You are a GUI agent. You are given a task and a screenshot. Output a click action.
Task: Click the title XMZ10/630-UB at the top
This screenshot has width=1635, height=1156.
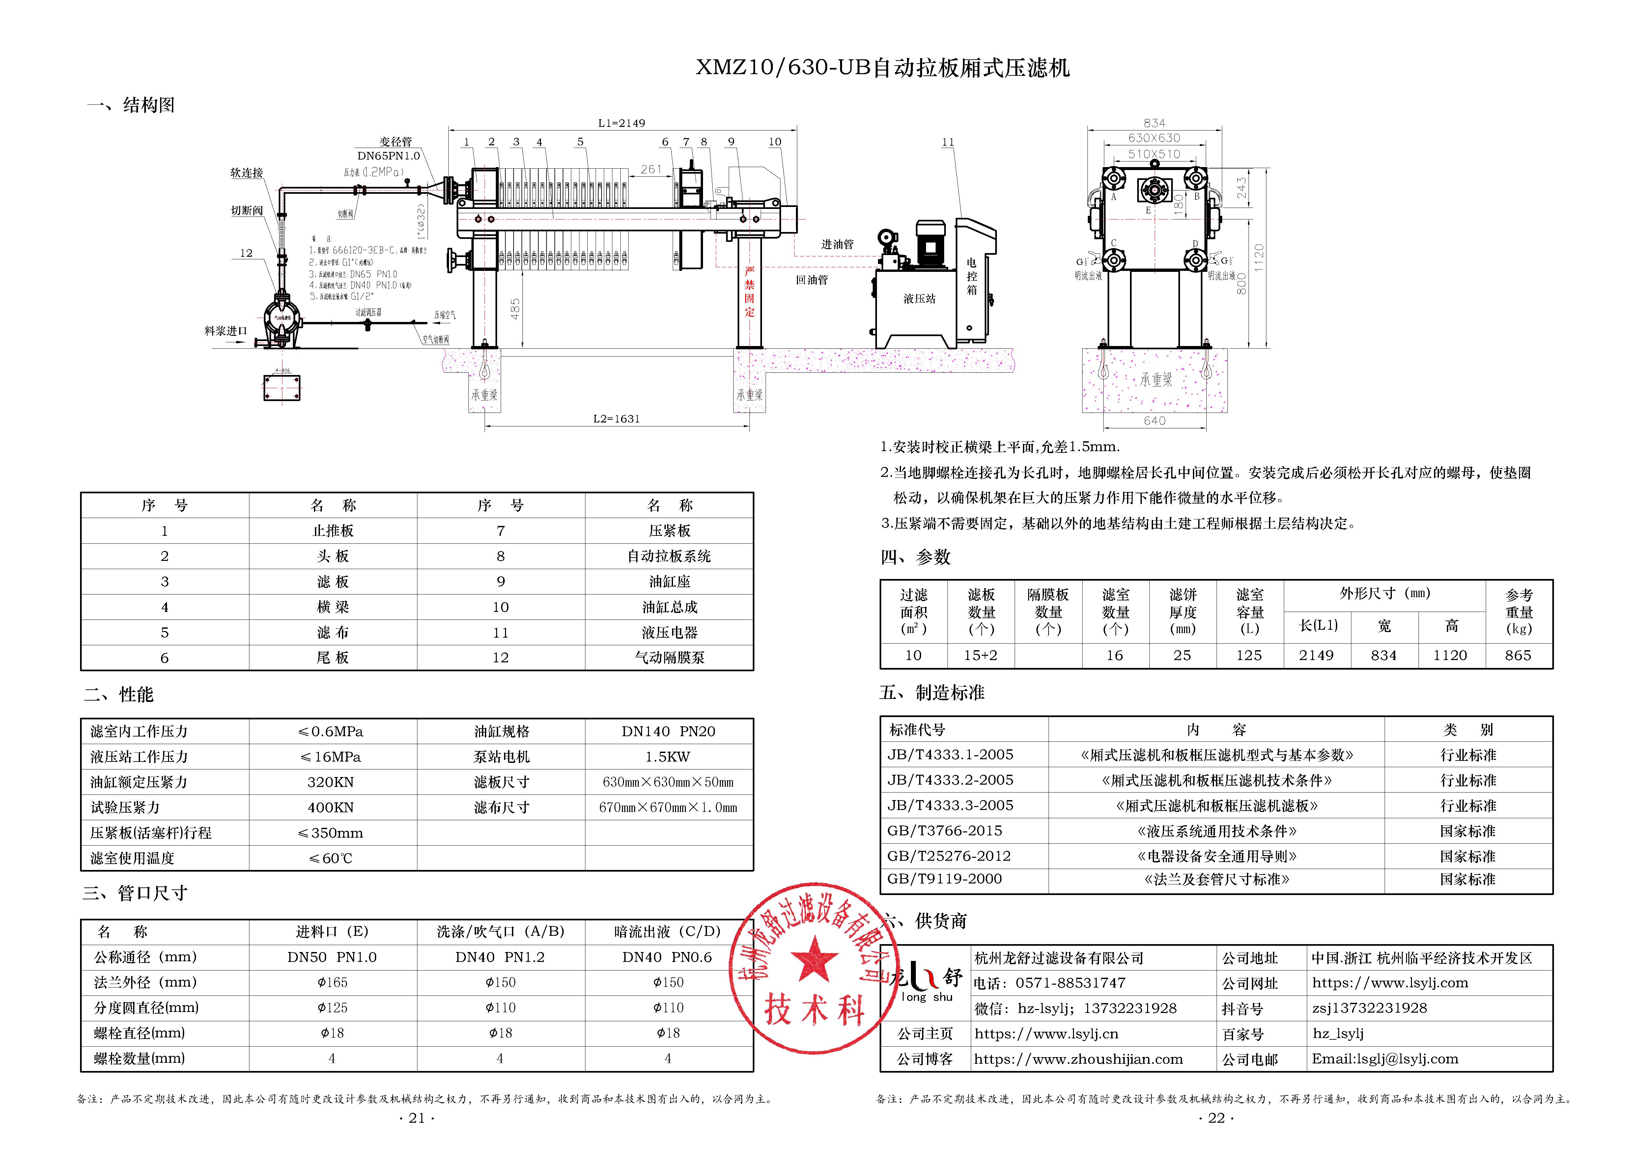pos(882,68)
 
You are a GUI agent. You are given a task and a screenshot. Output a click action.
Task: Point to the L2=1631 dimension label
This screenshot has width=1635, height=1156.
pos(617,419)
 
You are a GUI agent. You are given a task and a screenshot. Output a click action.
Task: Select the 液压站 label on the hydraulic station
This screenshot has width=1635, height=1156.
pos(919,299)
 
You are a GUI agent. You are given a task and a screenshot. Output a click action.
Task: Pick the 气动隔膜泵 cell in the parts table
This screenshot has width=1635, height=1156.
pos(669,657)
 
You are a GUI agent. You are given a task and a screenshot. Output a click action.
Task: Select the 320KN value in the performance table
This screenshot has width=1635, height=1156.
pos(330,782)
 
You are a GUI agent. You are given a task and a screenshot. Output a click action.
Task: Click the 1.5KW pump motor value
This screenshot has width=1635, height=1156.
pos(668,756)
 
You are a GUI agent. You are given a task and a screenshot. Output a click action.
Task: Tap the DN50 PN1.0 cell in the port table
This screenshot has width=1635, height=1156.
pos(332,957)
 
